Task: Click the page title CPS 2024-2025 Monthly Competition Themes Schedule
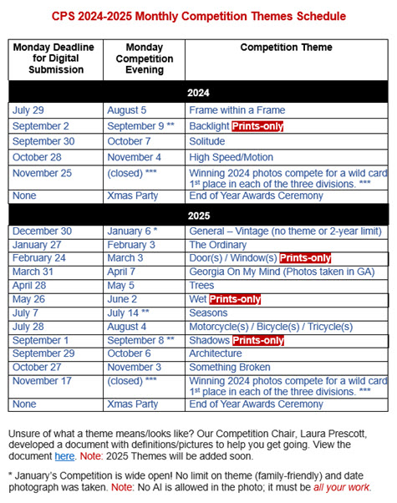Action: click(198, 16)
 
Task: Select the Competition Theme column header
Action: click(286, 48)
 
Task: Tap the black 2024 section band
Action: click(198, 93)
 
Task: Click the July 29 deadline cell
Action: click(30, 110)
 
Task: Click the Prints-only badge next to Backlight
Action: click(257, 126)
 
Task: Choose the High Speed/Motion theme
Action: click(230, 158)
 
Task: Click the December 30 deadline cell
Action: click(42, 231)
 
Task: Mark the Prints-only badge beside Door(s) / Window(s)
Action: click(305, 258)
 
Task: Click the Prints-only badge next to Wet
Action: click(235, 299)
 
